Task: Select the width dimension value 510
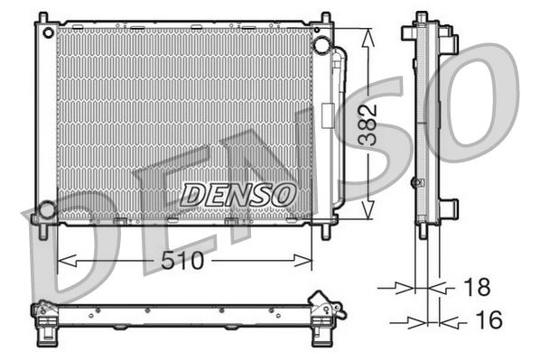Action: coord(183,262)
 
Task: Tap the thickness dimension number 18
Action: coord(476,288)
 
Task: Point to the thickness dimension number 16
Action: coord(488,320)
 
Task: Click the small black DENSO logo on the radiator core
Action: coord(237,193)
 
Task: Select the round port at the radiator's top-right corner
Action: coord(320,45)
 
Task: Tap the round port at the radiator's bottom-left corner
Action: coord(45,211)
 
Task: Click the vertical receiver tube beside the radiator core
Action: coord(338,126)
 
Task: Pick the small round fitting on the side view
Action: coord(416,182)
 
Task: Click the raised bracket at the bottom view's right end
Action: coord(322,302)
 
